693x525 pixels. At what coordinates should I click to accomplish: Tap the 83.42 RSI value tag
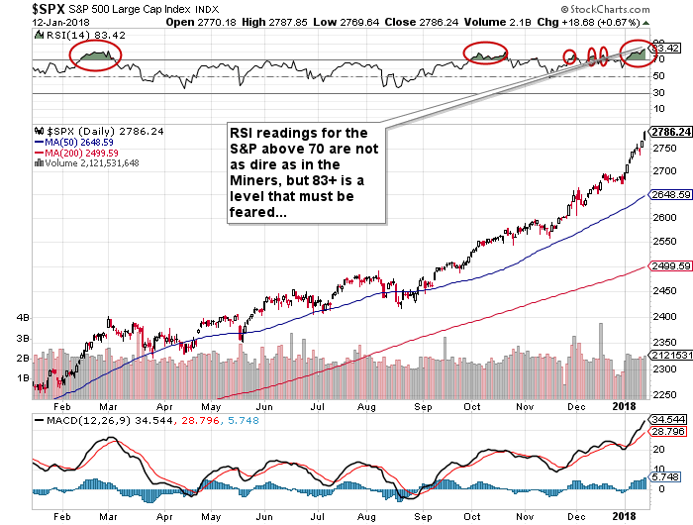(667, 48)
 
